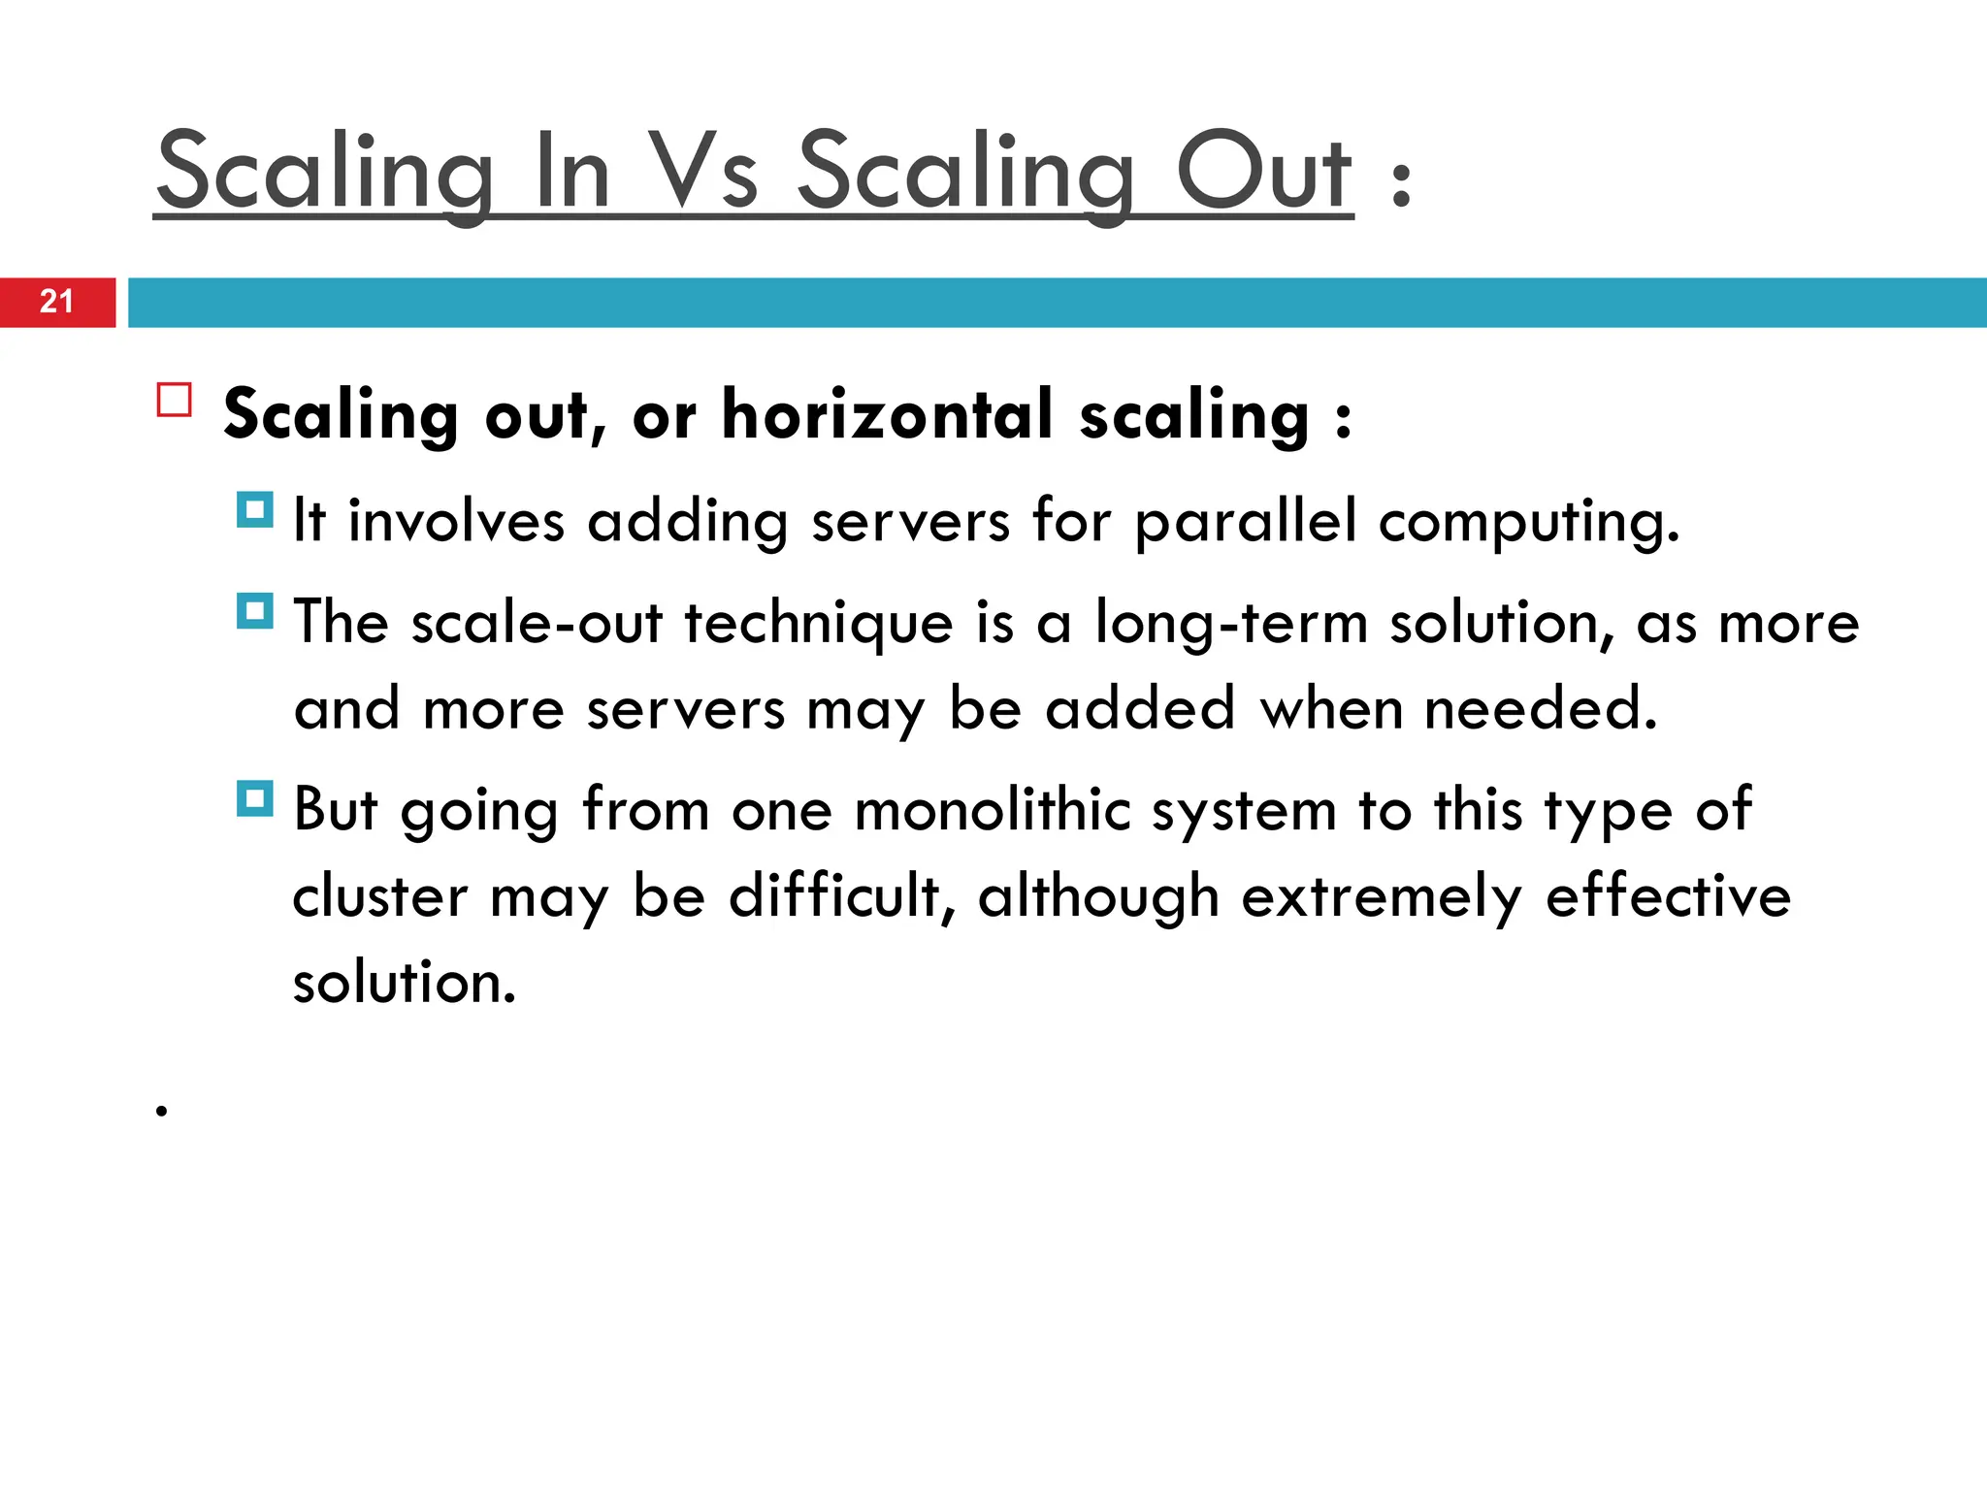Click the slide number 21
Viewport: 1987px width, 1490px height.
click(x=56, y=302)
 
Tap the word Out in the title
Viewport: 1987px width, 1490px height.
click(x=1263, y=172)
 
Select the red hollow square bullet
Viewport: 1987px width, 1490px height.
click(x=175, y=400)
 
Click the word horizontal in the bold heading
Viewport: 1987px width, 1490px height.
click(x=888, y=415)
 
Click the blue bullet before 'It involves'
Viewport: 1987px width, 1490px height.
click(x=255, y=509)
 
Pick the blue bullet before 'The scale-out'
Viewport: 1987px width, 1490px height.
click(x=255, y=611)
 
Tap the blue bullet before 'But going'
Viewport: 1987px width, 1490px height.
click(x=255, y=798)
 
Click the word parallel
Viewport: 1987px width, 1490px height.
click(x=1246, y=522)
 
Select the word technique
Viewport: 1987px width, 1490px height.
click(x=819, y=624)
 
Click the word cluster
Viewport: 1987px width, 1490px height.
click(x=380, y=896)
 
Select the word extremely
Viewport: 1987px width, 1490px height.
click(x=1382, y=898)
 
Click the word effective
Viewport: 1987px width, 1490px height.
click(x=1668, y=896)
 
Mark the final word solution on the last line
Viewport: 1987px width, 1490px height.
click(x=404, y=983)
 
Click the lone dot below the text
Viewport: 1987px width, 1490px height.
click(x=162, y=1111)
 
